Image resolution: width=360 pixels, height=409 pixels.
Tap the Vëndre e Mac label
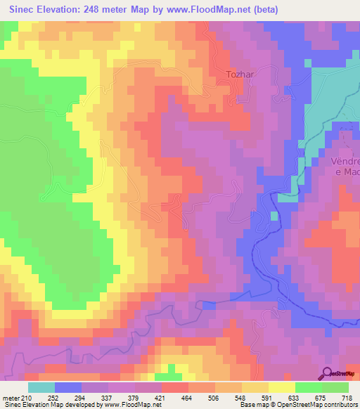[344, 166]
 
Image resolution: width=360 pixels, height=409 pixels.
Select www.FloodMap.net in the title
[208, 9]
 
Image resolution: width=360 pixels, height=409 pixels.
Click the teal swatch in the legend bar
[41, 387]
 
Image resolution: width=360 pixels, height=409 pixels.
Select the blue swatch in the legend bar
[68, 387]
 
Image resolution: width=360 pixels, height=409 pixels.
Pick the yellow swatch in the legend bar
[281, 387]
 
